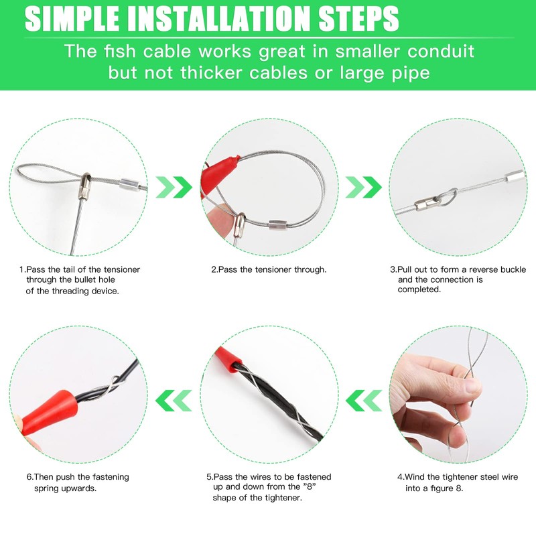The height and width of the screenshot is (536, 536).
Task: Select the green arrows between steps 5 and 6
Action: pos(173,401)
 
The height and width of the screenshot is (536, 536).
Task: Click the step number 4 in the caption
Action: pos(399,477)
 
